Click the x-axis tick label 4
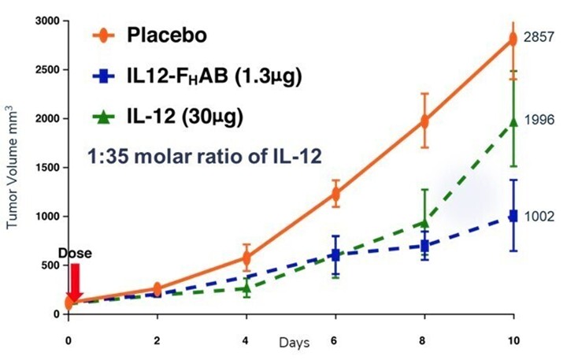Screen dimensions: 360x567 (x=247, y=342)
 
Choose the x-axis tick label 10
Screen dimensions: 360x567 (x=514, y=342)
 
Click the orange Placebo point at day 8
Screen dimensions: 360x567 (x=425, y=121)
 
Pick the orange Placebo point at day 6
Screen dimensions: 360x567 (x=336, y=194)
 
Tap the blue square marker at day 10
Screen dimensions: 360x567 (x=514, y=216)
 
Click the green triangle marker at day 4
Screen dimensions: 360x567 (x=247, y=288)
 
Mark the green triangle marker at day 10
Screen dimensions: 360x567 (x=514, y=121)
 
